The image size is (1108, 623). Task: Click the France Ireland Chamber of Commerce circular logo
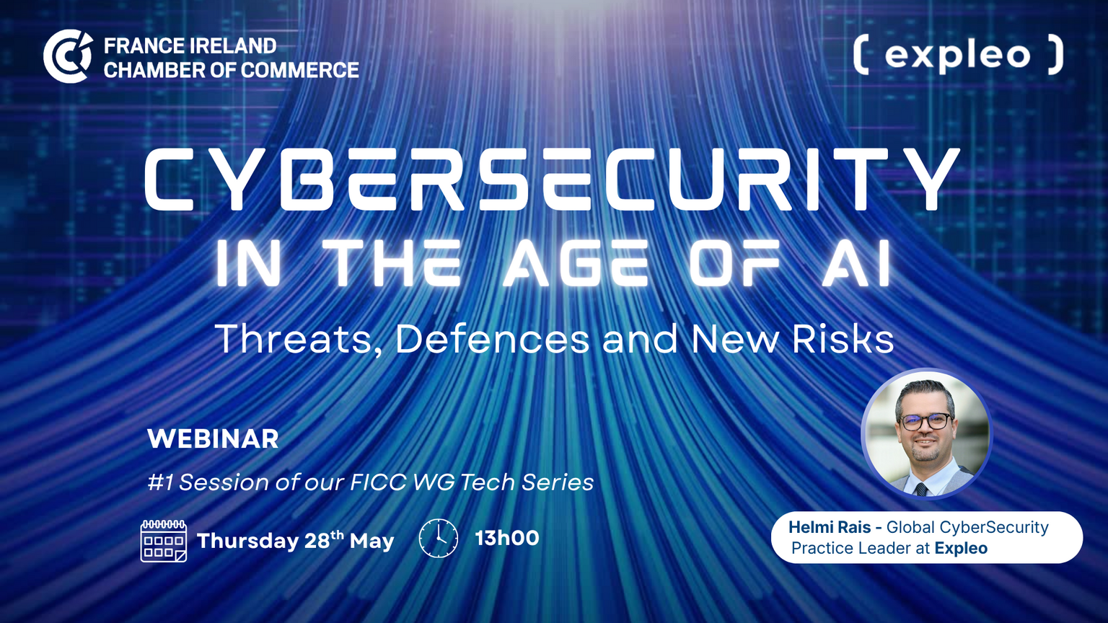[68, 56]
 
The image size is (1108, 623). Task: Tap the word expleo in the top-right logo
[958, 56]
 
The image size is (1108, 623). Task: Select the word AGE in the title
[576, 263]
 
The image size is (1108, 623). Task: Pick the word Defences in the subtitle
[493, 339]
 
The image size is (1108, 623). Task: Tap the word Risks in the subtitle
[843, 339]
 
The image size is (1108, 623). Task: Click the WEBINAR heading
[214, 438]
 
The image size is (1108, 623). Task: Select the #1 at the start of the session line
[160, 482]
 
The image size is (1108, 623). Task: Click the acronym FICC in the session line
[378, 482]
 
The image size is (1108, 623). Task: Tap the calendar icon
[164, 541]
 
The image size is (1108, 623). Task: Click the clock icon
[439, 539]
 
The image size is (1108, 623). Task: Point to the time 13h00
[507, 538]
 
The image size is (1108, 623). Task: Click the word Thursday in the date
[247, 541]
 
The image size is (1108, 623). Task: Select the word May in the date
[372, 541]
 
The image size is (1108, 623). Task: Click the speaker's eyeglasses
[925, 421]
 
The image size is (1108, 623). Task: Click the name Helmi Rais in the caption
[830, 528]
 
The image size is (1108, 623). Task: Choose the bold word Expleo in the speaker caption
[961, 548]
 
